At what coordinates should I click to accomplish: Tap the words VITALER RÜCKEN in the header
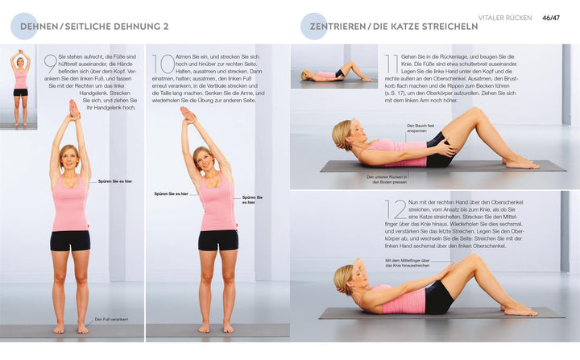point(504,18)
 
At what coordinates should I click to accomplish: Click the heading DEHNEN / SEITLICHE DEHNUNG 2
point(93,27)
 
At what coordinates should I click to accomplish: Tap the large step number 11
point(391,64)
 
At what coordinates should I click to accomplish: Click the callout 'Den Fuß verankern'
point(110,319)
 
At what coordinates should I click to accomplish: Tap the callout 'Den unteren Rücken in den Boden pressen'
point(387,180)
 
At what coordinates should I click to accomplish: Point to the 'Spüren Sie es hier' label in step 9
point(114,182)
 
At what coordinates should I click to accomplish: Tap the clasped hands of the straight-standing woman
point(73,108)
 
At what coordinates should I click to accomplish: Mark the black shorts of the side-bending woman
point(218,239)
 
